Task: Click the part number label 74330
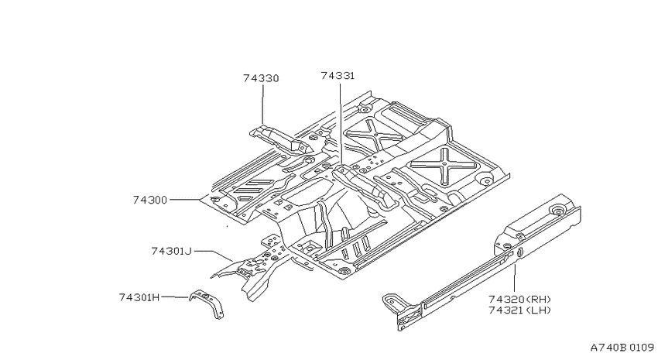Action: click(x=261, y=78)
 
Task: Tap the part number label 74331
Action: click(x=338, y=76)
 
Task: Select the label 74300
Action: click(x=150, y=200)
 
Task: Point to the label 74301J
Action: click(x=171, y=251)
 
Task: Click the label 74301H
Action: click(x=139, y=297)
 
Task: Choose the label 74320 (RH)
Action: click(x=519, y=299)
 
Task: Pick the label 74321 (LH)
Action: click(x=519, y=310)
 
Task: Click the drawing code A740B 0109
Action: click(x=622, y=348)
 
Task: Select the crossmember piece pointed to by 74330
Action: click(x=280, y=139)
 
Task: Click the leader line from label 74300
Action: click(x=185, y=201)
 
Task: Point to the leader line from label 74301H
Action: click(x=175, y=297)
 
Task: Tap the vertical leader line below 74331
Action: click(x=341, y=124)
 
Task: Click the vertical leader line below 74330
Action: click(x=262, y=104)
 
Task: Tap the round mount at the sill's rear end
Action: click(x=558, y=211)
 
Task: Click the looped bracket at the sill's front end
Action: click(x=390, y=302)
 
